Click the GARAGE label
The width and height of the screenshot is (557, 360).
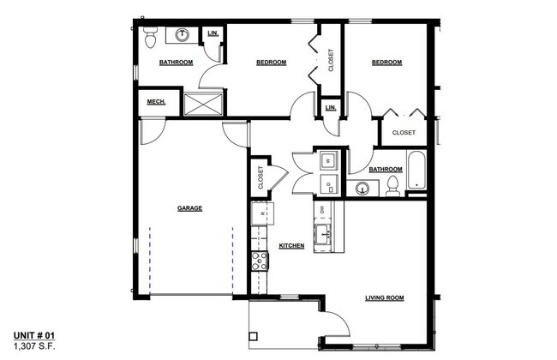(189, 208)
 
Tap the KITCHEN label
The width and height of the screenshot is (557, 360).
(291, 246)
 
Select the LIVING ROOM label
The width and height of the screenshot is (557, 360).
(384, 298)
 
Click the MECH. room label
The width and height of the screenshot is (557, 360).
(155, 102)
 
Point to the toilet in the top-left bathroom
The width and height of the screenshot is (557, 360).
(151, 36)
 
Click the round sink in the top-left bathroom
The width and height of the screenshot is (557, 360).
(183, 35)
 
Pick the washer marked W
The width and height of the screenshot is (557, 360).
(327, 159)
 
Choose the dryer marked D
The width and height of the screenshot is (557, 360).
(327, 183)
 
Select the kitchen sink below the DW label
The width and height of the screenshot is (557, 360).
(324, 235)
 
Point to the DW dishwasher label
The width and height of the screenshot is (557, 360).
(322, 209)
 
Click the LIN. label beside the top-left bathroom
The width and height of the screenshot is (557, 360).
(212, 33)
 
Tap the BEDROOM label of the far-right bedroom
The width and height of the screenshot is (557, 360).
(386, 63)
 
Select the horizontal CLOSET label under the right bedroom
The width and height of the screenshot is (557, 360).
(404, 133)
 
